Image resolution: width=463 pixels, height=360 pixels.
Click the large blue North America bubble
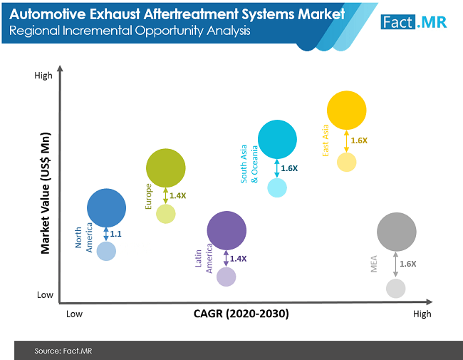107,207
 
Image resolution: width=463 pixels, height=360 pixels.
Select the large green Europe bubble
165,168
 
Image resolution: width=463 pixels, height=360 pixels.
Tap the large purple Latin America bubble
227,230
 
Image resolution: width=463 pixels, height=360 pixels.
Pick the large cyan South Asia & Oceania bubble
277,139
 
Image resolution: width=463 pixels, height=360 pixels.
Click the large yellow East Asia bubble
346,110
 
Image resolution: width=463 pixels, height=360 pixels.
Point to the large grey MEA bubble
396,232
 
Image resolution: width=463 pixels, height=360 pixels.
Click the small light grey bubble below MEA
396,288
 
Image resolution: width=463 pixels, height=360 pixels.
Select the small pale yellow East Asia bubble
346,162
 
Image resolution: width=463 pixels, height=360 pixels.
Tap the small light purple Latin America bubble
227,276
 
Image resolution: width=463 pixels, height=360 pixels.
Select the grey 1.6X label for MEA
407,264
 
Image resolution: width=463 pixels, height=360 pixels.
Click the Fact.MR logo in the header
414,21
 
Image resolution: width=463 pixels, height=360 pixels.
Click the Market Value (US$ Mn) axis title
46,192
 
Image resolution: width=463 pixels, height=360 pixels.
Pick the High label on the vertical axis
43,76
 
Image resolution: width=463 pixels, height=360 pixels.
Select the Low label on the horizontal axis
75,314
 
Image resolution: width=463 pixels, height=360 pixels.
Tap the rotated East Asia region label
326,140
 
